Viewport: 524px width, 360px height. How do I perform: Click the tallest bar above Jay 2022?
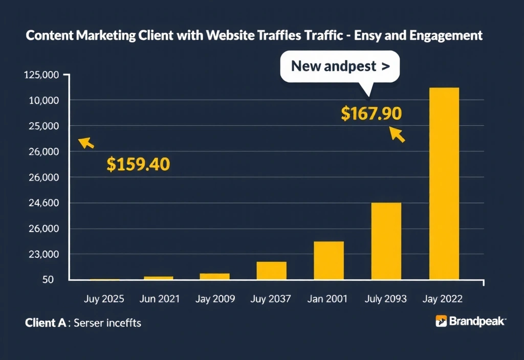(444, 184)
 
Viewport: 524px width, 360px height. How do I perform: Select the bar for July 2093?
(386, 241)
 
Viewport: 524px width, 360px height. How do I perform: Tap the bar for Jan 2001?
(329, 260)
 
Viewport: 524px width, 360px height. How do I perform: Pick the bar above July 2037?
(271, 271)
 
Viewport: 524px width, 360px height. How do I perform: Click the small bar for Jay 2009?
(214, 277)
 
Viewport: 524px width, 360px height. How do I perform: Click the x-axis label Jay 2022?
(443, 299)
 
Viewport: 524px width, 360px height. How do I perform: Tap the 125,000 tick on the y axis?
(41, 75)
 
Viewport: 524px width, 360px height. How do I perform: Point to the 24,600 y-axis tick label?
(45, 203)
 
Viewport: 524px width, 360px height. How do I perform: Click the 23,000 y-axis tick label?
(45, 254)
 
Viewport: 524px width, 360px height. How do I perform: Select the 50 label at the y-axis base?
(49, 280)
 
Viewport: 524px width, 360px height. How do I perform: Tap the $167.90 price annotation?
(371, 114)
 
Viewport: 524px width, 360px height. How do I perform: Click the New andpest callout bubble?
(340, 66)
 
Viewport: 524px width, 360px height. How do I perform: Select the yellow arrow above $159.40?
(86, 143)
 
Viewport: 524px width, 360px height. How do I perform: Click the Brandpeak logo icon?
(441, 321)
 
